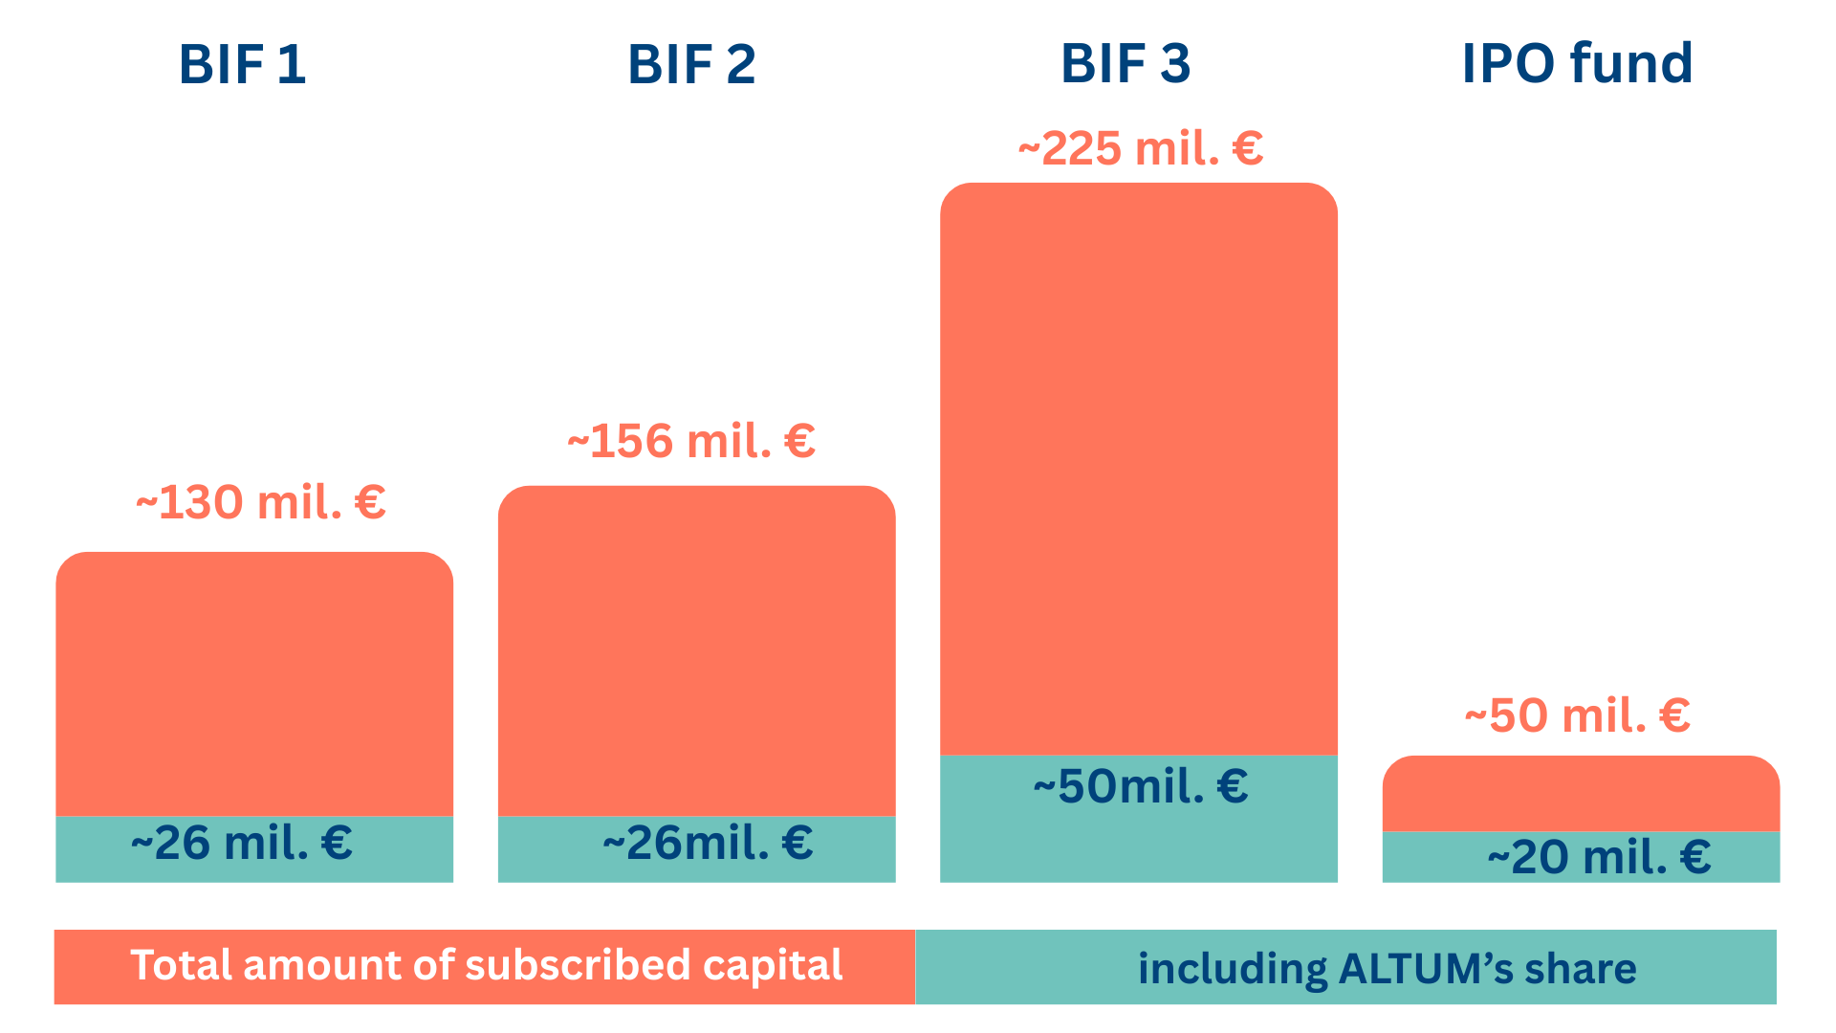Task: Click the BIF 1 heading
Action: [x=242, y=65]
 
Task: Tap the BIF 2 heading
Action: [x=691, y=65]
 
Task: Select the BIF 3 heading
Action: [x=1126, y=64]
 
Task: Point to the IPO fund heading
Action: [x=1577, y=64]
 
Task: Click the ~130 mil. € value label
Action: [x=260, y=502]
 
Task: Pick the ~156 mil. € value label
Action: [x=690, y=441]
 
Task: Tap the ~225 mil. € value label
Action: [x=1140, y=148]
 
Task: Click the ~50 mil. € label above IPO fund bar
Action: [x=1577, y=715]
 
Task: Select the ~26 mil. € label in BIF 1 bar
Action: [x=242, y=843]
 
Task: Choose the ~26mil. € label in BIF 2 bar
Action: [x=708, y=843]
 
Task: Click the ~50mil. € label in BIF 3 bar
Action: [x=1140, y=786]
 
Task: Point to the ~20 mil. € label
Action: [x=1599, y=856]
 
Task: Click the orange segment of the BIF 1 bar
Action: [x=254, y=684]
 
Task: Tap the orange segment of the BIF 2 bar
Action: [x=696, y=650]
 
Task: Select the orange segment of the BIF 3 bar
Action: [x=1138, y=469]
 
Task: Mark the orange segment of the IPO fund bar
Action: [x=1581, y=794]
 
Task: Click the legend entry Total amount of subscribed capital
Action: [x=486, y=966]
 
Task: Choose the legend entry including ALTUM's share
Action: [x=1387, y=968]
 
